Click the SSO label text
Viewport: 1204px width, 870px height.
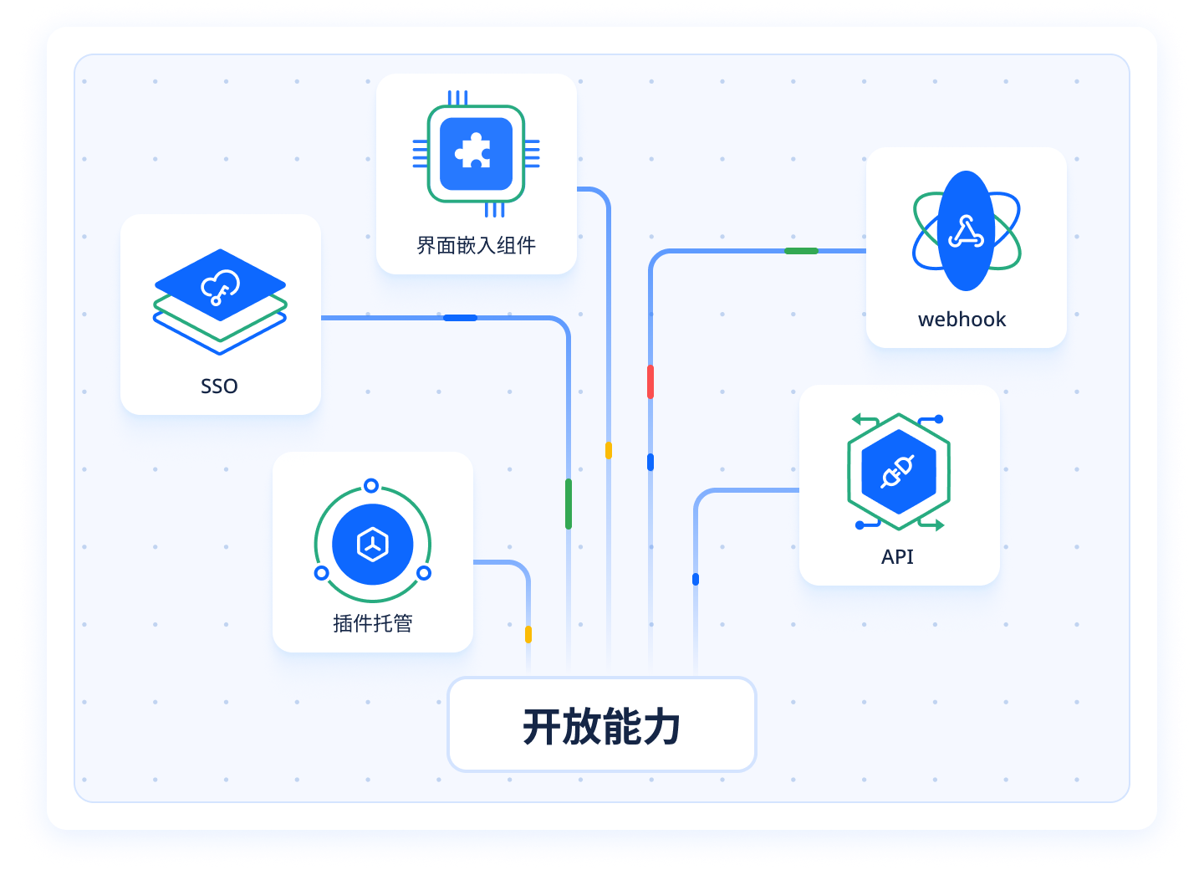[x=219, y=386]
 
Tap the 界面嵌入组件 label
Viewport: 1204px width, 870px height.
[x=476, y=245]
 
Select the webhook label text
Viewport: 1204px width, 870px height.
[x=962, y=320]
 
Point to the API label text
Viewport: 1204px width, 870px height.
[x=897, y=556]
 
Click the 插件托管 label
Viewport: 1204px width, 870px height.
[x=373, y=623]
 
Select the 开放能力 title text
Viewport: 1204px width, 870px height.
[x=601, y=726]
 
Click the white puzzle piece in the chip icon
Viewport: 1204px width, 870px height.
[x=474, y=151]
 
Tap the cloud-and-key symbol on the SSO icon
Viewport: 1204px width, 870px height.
[x=220, y=286]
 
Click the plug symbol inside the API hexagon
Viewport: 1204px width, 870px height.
[x=898, y=472]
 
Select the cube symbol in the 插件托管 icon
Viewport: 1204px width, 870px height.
[x=373, y=545]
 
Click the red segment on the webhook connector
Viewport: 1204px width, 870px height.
[x=650, y=381]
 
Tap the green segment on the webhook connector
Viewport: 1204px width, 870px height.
[x=801, y=251]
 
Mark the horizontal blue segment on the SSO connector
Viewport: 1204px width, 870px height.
[x=460, y=318]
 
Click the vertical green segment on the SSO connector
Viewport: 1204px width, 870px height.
[x=569, y=504]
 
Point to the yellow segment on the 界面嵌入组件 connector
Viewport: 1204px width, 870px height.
[x=609, y=450]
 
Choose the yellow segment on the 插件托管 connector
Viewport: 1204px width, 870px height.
[x=528, y=634]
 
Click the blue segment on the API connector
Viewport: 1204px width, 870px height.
[x=696, y=579]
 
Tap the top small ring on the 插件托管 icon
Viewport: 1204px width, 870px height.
[x=371, y=486]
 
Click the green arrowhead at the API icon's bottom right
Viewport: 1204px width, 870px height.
[x=940, y=525]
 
